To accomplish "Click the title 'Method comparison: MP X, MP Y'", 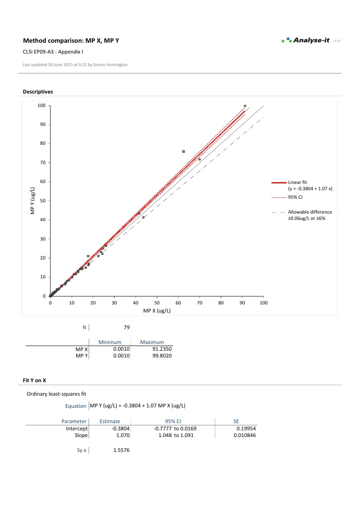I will tap(71, 41).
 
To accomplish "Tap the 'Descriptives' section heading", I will tap(38, 92).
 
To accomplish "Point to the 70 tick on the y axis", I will tap(43, 162).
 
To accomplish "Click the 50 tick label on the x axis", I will tap(157, 303).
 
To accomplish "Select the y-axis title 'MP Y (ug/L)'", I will tap(32, 201).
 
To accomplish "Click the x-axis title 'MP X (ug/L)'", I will tap(157, 311).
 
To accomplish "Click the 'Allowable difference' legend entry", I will tap(310, 212).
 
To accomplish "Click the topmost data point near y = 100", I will tap(245, 106).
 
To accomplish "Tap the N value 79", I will tap(126, 327).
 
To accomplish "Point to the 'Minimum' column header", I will tap(110, 342).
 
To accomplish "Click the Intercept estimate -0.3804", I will tap(121, 429).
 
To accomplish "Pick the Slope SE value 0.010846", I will tap(245, 435).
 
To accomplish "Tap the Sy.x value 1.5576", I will tap(121, 450).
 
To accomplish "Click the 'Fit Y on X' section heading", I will tap(35, 380).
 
